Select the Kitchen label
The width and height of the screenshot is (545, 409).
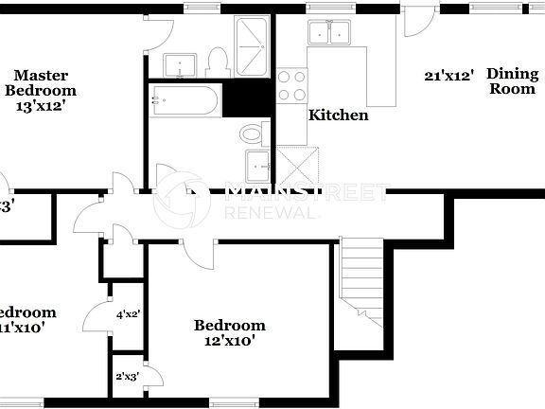click(x=338, y=116)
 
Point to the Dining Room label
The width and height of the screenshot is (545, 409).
click(x=512, y=80)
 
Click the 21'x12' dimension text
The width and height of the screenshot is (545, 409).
click(x=448, y=74)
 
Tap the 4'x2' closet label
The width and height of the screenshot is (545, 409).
click(x=128, y=313)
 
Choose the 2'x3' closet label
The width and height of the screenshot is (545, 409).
click(x=127, y=377)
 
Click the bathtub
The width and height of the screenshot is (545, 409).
click(x=185, y=99)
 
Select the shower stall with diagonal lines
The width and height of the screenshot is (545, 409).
click(x=252, y=46)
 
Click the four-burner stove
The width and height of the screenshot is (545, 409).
click(x=291, y=85)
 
